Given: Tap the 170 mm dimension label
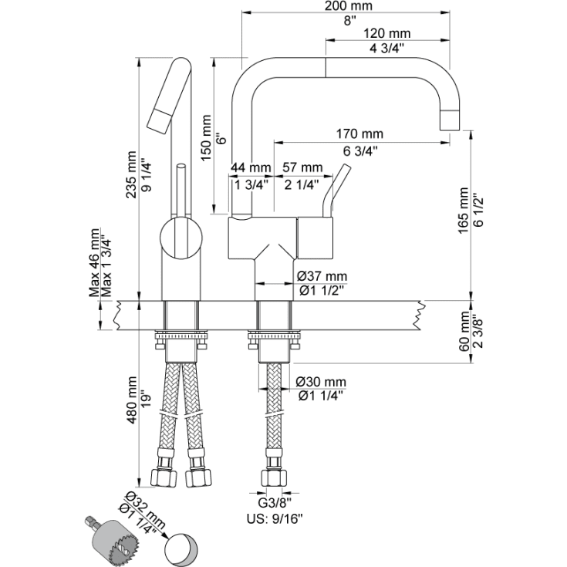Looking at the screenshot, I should [x=359, y=134].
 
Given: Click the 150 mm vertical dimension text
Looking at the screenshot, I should [x=206, y=137].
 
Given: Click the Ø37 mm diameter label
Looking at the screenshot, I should [x=321, y=276].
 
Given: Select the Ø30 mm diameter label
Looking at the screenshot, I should [x=321, y=382].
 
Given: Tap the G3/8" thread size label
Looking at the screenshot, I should [x=268, y=500].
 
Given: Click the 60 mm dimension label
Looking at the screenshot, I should [x=464, y=332].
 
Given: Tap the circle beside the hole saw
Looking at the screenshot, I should [x=181, y=547].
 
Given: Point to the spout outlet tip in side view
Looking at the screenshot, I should [x=450, y=120].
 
